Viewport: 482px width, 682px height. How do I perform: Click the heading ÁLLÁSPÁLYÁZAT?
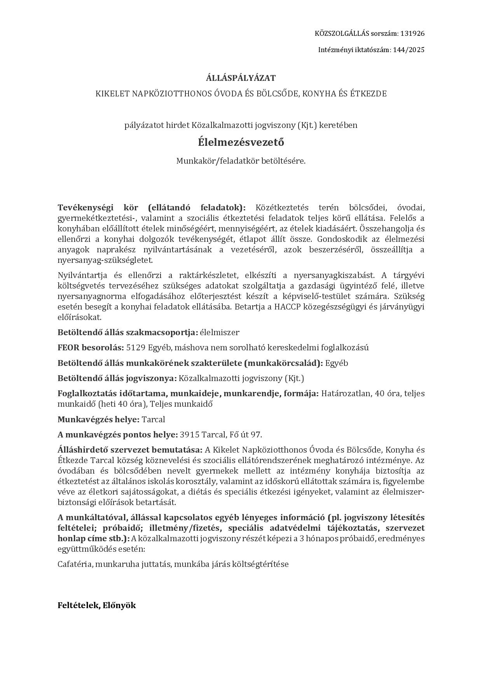click(x=241, y=78)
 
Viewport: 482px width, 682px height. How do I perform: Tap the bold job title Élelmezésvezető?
click(x=241, y=142)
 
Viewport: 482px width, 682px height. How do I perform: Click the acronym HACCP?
click(x=286, y=307)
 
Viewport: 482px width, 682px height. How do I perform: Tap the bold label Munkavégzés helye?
click(x=98, y=420)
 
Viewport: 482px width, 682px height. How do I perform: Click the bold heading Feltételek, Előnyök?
click(x=97, y=605)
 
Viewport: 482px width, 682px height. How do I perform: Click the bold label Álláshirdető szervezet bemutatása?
click(x=130, y=450)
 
